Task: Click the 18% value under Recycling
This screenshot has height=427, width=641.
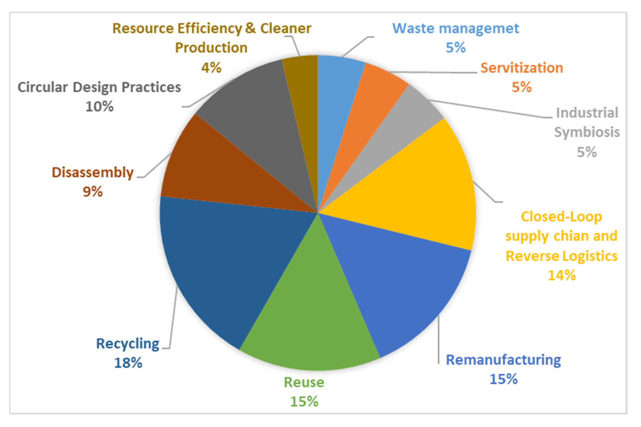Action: click(128, 363)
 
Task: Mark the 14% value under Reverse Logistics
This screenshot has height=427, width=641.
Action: click(561, 275)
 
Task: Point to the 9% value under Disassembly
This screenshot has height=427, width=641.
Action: click(93, 192)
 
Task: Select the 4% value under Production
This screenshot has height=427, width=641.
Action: click(211, 67)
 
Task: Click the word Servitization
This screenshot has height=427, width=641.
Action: click(521, 68)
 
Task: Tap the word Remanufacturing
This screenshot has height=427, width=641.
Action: click(503, 360)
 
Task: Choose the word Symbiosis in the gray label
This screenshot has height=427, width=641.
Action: click(587, 132)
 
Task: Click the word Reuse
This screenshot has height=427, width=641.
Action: click(304, 382)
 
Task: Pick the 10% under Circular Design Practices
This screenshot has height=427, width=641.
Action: click(99, 107)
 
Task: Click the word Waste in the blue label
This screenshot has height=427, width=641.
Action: click(413, 28)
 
